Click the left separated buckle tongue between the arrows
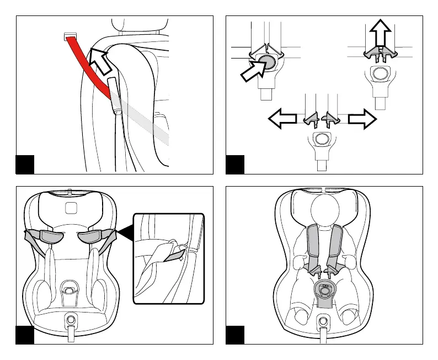coord(312,117)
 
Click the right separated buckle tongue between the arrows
coord(332,117)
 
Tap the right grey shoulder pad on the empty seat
coord(93,236)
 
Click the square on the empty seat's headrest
coord(70,207)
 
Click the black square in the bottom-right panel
coord(236,334)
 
